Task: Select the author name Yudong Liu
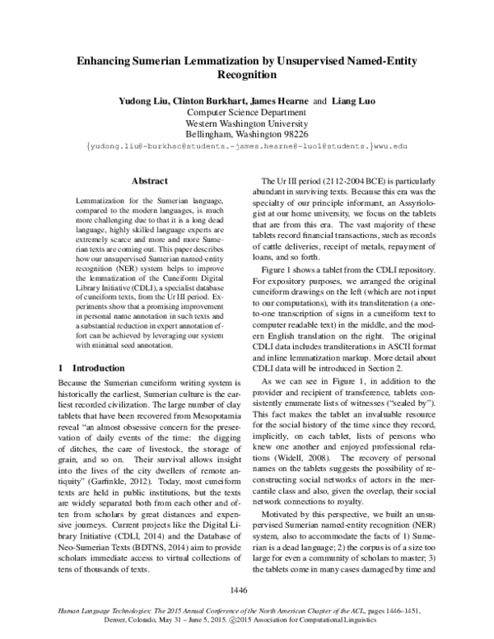(138, 100)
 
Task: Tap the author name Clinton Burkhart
(203, 100)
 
